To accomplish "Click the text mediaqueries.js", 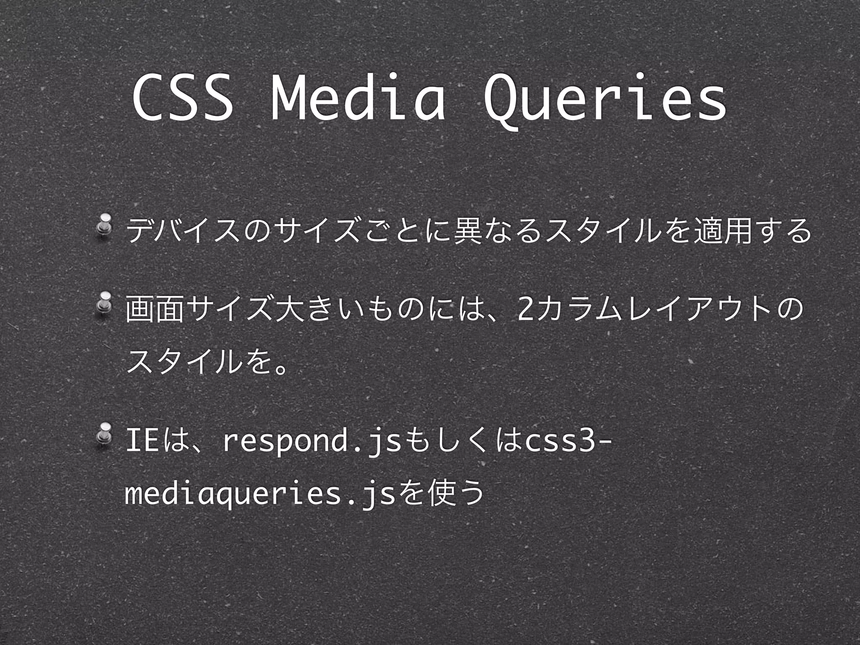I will point(260,496).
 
